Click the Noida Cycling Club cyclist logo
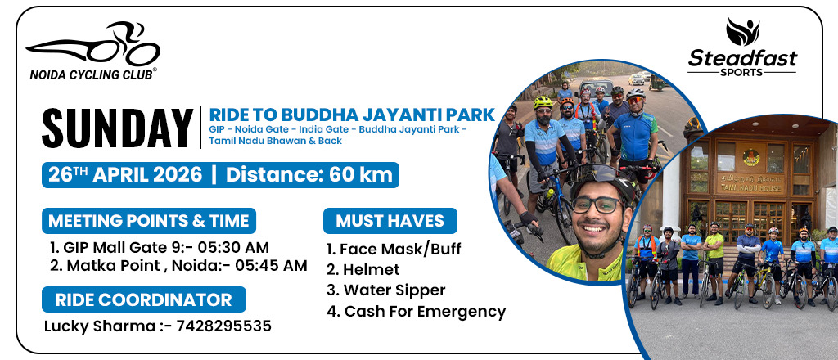pyautogui.click(x=93, y=44)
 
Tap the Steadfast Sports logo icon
pyautogui.click(x=742, y=32)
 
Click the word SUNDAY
pyautogui.click(x=118, y=128)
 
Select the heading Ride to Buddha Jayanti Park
pyautogui.click(x=352, y=115)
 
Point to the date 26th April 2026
pyautogui.click(x=125, y=174)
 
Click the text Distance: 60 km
pyautogui.click(x=309, y=174)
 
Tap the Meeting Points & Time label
pyautogui.click(x=149, y=221)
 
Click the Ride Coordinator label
pyautogui.click(x=144, y=299)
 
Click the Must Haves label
pyautogui.click(x=390, y=221)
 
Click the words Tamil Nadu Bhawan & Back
pyautogui.click(x=275, y=141)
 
